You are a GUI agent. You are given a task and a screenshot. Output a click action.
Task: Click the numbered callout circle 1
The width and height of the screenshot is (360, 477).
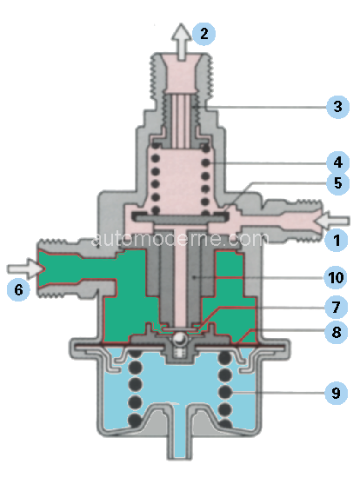pyautogui.click(x=337, y=240)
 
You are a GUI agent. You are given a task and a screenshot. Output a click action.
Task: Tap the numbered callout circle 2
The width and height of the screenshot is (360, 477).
pyautogui.click(x=203, y=34)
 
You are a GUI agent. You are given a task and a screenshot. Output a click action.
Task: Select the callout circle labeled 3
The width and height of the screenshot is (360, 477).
pyautogui.click(x=337, y=107)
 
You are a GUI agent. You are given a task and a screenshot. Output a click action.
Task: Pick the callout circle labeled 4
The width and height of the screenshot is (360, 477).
pyautogui.click(x=337, y=162)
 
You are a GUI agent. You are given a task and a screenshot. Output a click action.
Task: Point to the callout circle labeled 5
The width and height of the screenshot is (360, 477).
pyautogui.click(x=337, y=183)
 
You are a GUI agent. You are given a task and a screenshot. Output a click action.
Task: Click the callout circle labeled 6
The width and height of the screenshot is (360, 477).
pyautogui.click(x=18, y=289)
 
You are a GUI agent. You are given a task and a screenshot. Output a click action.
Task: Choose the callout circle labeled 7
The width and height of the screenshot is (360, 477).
pyautogui.click(x=336, y=307)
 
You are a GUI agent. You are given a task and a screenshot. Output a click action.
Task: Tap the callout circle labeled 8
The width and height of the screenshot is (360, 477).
pyautogui.click(x=336, y=332)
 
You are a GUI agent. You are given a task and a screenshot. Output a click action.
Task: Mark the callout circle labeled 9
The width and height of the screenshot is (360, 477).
pyautogui.click(x=336, y=393)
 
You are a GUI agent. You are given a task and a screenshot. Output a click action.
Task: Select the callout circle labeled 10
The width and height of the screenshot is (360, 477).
pyautogui.click(x=336, y=277)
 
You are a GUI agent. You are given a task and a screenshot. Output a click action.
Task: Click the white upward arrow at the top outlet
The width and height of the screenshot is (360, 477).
pyautogui.click(x=181, y=42)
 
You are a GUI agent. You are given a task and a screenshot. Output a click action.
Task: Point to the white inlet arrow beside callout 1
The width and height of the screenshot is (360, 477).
pyautogui.click(x=332, y=222)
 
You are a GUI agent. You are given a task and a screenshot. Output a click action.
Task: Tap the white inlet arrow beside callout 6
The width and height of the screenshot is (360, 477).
pyautogui.click(x=26, y=268)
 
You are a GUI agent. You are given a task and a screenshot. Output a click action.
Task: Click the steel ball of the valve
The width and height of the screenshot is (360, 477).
pyautogui.click(x=180, y=338)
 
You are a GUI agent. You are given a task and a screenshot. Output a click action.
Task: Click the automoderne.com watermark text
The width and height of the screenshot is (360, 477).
pyautogui.click(x=180, y=239)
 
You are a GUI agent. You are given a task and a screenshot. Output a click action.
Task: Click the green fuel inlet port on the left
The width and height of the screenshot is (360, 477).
pyautogui.click(x=77, y=268)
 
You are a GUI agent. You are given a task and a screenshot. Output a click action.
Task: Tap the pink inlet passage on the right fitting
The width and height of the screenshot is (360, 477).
pyautogui.click(x=278, y=222)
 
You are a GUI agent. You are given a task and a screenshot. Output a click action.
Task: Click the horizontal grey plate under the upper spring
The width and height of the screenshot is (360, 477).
pyautogui.click(x=180, y=217)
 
